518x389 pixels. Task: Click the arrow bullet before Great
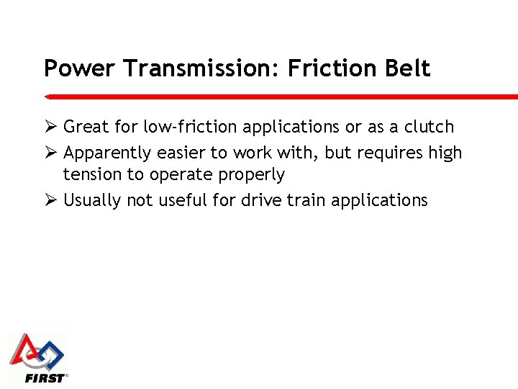pyautogui.click(x=50, y=127)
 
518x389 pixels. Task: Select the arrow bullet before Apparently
pyautogui.click(x=50, y=153)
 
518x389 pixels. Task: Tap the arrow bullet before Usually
pyautogui.click(x=50, y=200)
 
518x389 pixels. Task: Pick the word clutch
pyautogui.click(x=429, y=127)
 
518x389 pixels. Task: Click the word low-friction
pyautogui.click(x=191, y=127)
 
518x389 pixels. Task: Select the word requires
pyautogui.click(x=392, y=153)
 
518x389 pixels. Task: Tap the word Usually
pyautogui.click(x=92, y=200)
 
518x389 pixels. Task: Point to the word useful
pyautogui.click(x=181, y=200)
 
